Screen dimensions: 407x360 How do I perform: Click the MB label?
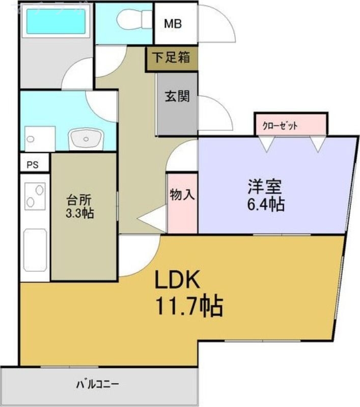tap(173, 23)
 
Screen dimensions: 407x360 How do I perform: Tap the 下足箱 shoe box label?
tap(172, 57)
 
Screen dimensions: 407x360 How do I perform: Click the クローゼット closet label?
tap(280, 126)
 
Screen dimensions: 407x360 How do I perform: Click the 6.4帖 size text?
tap(266, 205)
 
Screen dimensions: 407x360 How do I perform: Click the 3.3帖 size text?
tap(80, 213)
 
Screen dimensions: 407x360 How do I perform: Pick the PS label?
tap(33, 164)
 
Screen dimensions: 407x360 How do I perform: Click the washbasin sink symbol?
tap(86, 138)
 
